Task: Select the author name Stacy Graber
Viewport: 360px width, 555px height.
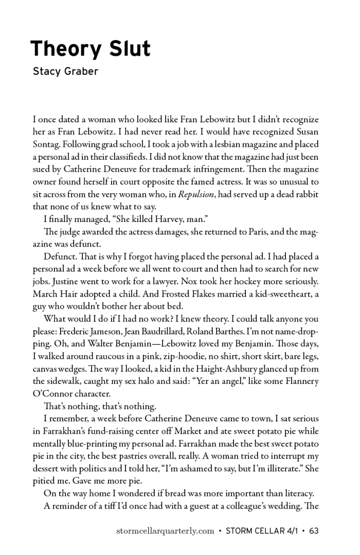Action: (65, 71)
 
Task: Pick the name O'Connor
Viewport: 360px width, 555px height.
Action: (53, 394)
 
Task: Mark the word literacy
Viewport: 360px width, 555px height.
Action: (294, 494)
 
